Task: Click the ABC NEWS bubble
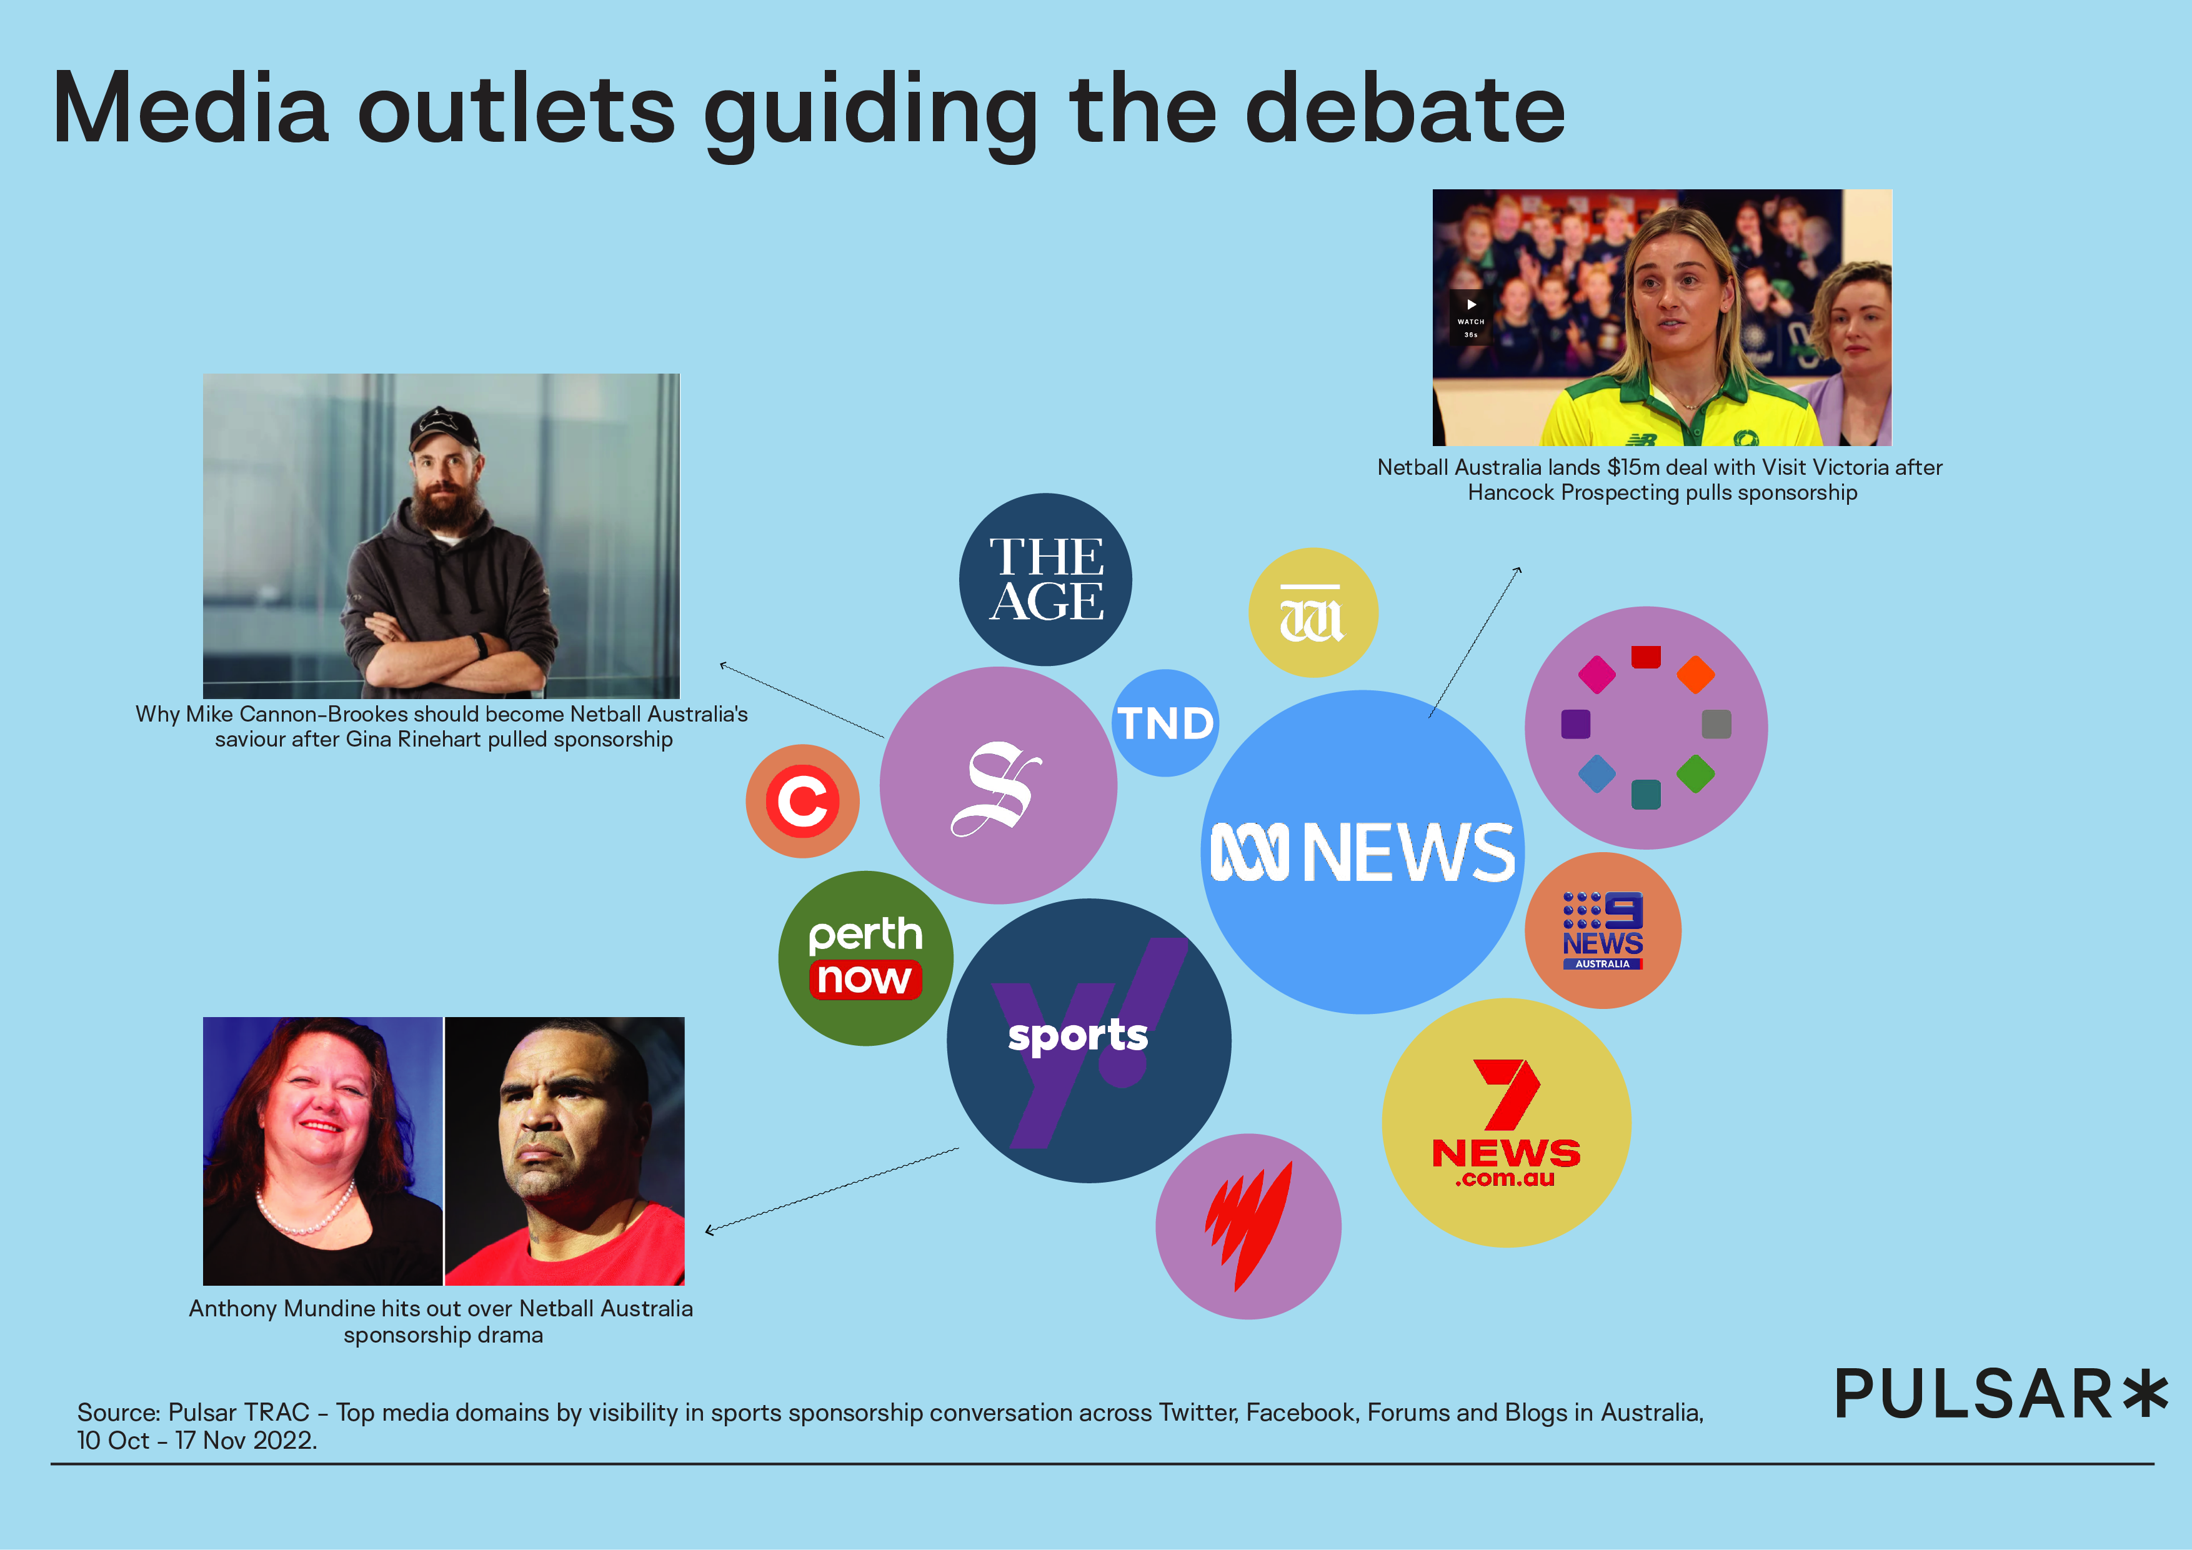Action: (x=1362, y=852)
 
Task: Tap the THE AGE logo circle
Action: (x=1045, y=579)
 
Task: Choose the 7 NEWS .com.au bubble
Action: (x=1507, y=1123)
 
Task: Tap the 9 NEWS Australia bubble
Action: (x=1603, y=931)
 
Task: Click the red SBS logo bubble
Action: (x=1248, y=1226)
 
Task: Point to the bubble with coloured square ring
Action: (x=1646, y=727)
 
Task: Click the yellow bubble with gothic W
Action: (x=1313, y=612)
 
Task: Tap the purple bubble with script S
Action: (x=998, y=785)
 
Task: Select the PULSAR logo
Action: (x=2001, y=1394)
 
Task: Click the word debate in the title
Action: (x=1405, y=110)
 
